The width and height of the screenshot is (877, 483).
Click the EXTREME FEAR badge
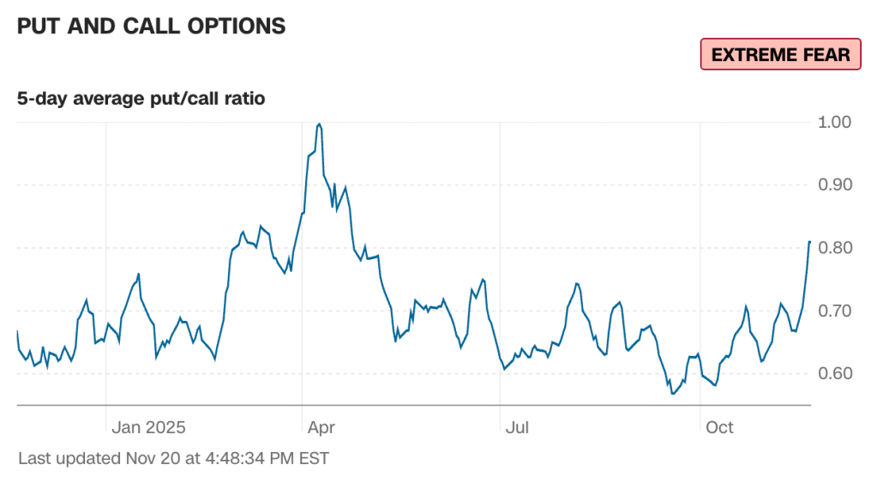(x=780, y=55)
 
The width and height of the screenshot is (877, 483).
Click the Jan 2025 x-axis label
(x=149, y=427)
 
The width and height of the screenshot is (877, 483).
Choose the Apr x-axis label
(x=321, y=427)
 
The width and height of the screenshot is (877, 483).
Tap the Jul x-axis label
(x=517, y=427)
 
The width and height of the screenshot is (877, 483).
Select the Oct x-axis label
(x=719, y=427)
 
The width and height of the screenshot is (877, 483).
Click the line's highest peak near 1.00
(x=320, y=124)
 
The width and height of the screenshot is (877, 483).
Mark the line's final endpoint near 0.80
(x=809, y=242)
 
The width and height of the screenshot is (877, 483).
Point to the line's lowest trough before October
(x=674, y=394)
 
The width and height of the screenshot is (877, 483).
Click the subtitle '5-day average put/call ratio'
(x=141, y=99)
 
